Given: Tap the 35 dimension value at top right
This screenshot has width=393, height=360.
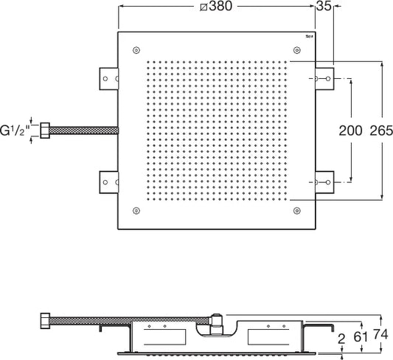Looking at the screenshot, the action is tap(324, 6).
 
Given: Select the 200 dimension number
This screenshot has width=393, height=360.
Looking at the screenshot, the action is tap(350, 131).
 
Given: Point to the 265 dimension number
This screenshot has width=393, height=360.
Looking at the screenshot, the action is tap(381, 131).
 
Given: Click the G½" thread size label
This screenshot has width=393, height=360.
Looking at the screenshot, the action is tap(15, 131).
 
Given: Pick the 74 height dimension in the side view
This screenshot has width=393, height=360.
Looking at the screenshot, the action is tap(380, 334).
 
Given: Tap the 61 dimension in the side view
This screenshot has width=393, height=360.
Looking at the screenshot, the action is tap(361, 336).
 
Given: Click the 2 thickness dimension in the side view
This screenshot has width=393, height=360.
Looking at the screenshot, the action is tap(341, 339).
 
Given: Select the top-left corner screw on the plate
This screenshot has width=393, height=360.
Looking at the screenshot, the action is tap(136, 50).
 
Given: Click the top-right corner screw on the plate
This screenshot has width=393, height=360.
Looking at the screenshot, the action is tap(296, 50).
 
